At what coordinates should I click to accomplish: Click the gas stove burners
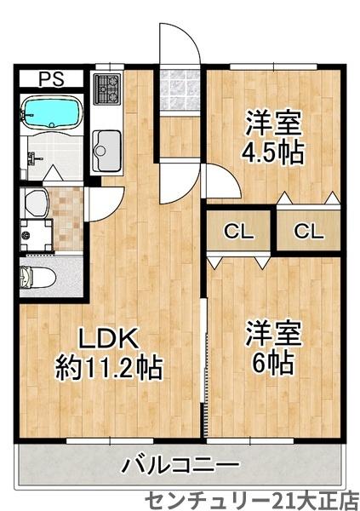click(x=108, y=85)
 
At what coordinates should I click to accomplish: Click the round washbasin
click(x=37, y=202)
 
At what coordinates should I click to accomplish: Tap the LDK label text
click(x=108, y=338)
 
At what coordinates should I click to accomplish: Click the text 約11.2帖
click(x=109, y=368)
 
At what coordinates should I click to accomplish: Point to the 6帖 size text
click(x=271, y=362)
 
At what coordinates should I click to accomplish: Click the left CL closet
click(x=239, y=230)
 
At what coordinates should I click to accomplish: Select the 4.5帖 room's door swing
click(x=220, y=180)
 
